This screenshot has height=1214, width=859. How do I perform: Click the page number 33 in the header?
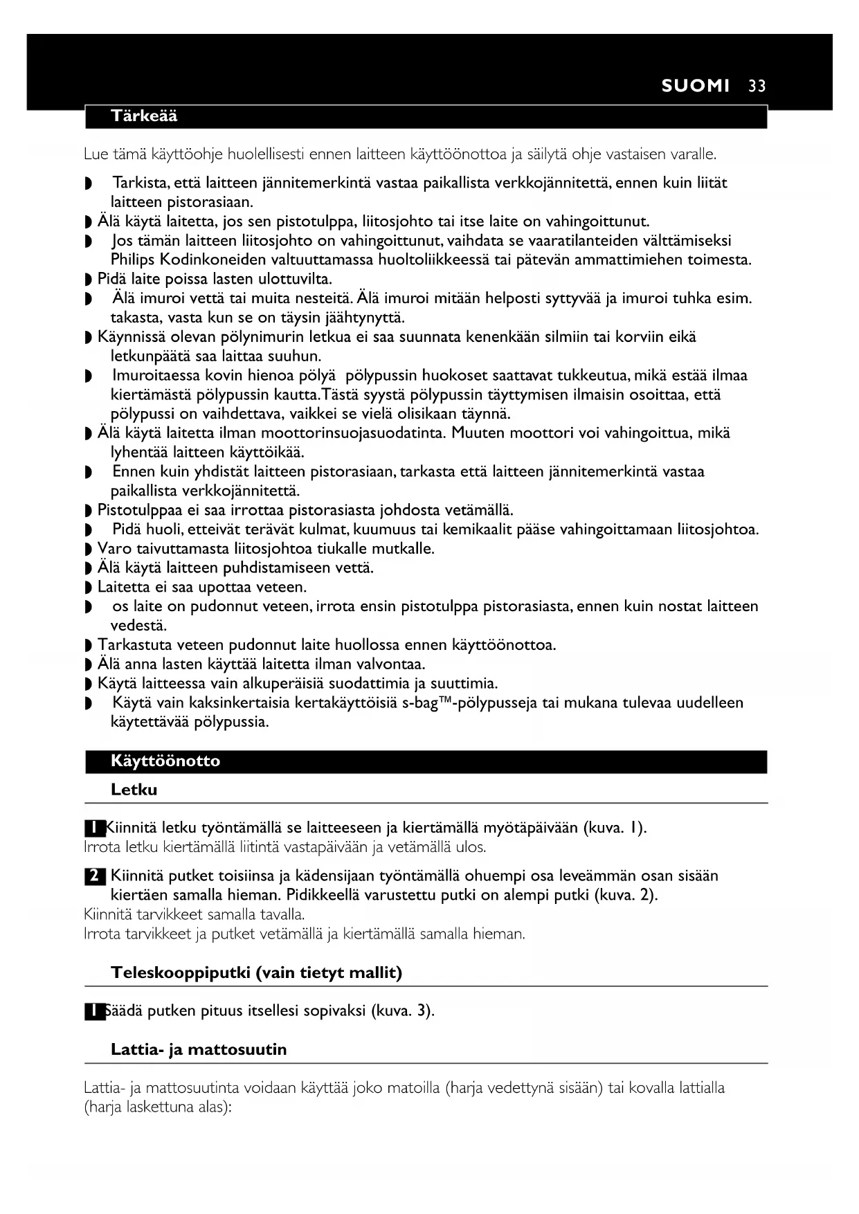coord(757,86)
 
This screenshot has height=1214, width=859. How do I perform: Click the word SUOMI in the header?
coord(695,86)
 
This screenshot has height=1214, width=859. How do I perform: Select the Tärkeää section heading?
coord(144,116)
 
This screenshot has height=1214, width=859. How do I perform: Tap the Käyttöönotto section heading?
coord(165,761)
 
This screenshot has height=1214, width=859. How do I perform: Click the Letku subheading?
coord(134,790)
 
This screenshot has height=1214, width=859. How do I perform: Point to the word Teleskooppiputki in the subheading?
coord(180,972)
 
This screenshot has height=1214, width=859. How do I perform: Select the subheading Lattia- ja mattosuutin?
coord(199,1049)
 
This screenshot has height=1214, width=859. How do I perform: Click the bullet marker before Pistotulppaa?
coord(87,511)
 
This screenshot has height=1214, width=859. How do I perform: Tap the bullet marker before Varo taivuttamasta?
coord(87,550)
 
